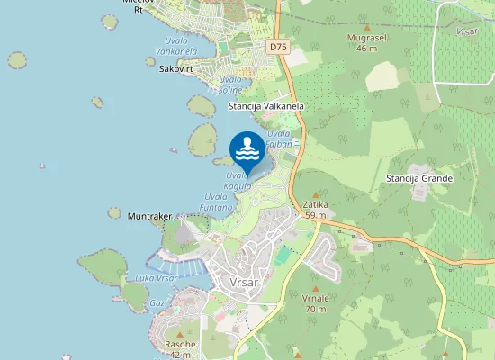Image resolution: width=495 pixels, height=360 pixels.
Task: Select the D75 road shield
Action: pos(278,46)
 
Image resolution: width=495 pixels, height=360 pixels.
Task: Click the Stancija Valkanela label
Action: pos(266,106)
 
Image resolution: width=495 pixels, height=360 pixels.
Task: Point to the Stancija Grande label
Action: pos(419,178)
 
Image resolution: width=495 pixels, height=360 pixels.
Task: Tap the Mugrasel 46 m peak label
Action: pos(365,43)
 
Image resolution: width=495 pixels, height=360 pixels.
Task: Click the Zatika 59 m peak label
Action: pos(315,210)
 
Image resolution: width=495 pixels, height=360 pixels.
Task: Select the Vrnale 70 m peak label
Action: pos(314,303)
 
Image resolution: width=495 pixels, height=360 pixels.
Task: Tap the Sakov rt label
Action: pos(175,68)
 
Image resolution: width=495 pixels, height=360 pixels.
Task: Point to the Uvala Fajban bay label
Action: pos(279,139)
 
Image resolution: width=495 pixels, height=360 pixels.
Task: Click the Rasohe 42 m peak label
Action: pos(180,349)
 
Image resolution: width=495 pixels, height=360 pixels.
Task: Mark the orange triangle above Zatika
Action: pos(315,194)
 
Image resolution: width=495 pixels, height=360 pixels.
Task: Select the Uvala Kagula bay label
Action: pos(238,181)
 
